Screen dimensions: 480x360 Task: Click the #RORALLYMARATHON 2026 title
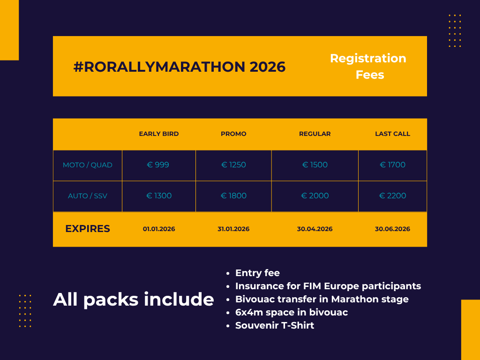click(x=180, y=67)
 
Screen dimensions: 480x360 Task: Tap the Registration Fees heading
click(x=368, y=67)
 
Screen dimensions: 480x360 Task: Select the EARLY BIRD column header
click(x=158, y=134)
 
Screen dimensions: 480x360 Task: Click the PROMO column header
click(x=233, y=134)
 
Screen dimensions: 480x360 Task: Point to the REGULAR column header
click(x=315, y=134)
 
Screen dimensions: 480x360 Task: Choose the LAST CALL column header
click(x=392, y=134)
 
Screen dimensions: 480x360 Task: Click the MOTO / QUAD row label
click(x=88, y=165)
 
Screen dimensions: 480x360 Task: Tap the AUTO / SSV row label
click(x=88, y=196)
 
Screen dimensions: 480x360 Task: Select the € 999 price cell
click(x=158, y=165)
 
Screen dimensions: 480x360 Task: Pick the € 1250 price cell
click(x=233, y=165)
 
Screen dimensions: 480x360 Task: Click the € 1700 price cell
click(x=392, y=165)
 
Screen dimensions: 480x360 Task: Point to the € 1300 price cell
click(x=159, y=195)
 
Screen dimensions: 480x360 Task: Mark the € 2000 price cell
click(x=315, y=195)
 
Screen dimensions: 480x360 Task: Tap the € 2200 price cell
click(x=392, y=195)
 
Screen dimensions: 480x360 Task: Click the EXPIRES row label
click(x=88, y=229)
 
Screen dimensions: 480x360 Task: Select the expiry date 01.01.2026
click(x=159, y=229)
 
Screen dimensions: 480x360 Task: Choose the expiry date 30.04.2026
click(x=315, y=229)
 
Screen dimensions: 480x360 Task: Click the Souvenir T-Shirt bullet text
click(x=275, y=325)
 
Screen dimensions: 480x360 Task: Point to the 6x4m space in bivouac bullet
click(x=292, y=312)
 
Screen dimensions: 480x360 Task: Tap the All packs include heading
click(x=134, y=299)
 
